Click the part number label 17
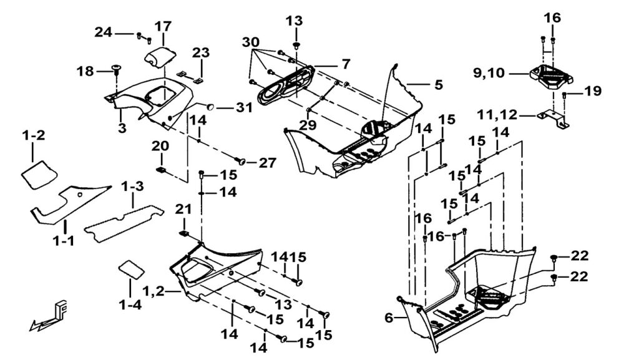[x=163, y=27]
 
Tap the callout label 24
[x=104, y=32]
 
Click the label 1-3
[x=132, y=186]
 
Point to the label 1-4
[x=130, y=306]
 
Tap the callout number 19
[x=593, y=92]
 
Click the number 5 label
[x=439, y=84]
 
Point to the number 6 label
[x=388, y=318]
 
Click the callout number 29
[x=308, y=125]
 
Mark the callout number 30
[x=251, y=42]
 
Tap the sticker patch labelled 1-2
[x=37, y=172]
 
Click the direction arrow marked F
[x=49, y=315]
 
